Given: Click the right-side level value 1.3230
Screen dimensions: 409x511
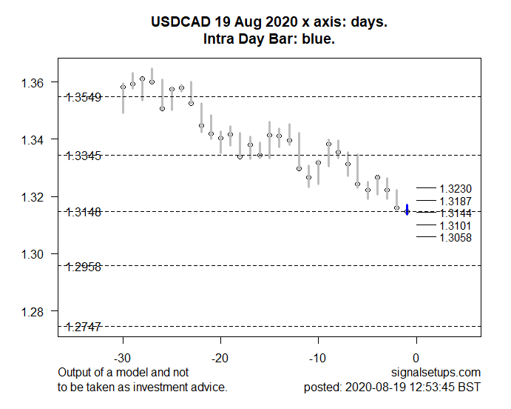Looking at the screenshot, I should click(455, 189).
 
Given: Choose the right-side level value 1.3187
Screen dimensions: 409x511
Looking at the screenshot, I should click(455, 201).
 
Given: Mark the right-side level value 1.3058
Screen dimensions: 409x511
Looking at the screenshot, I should click(455, 238).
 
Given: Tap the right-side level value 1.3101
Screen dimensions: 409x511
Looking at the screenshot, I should click(455, 225).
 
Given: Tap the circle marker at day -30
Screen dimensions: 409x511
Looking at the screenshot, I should click(123, 87).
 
